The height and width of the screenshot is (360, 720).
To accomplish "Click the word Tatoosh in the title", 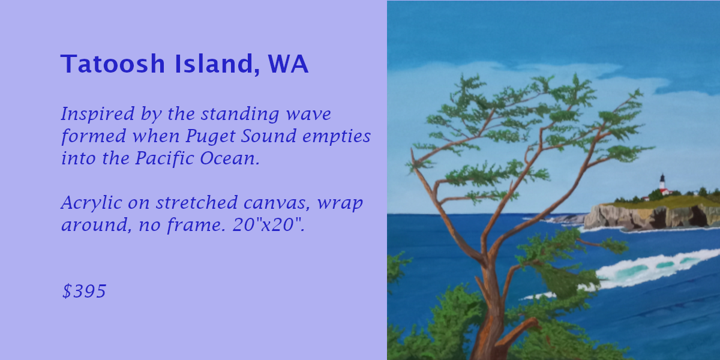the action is click(113, 64).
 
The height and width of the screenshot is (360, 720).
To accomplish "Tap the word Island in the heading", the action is click(217, 64).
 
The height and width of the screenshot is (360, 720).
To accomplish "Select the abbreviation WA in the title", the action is click(288, 64).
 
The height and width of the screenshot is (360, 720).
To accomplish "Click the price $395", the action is click(84, 291).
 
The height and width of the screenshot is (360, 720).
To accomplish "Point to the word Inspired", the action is click(98, 114).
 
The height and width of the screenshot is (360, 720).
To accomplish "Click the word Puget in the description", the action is click(211, 136).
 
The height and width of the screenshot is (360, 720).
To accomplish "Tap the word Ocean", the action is click(230, 158).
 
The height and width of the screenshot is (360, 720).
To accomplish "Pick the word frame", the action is click(197, 224).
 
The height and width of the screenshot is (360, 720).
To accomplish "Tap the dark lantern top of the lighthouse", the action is click(662, 177).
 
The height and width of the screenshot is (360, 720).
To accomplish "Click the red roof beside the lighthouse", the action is click(664, 191).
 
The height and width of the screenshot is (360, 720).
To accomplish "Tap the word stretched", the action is click(197, 203).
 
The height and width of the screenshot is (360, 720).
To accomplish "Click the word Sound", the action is click(269, 136).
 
